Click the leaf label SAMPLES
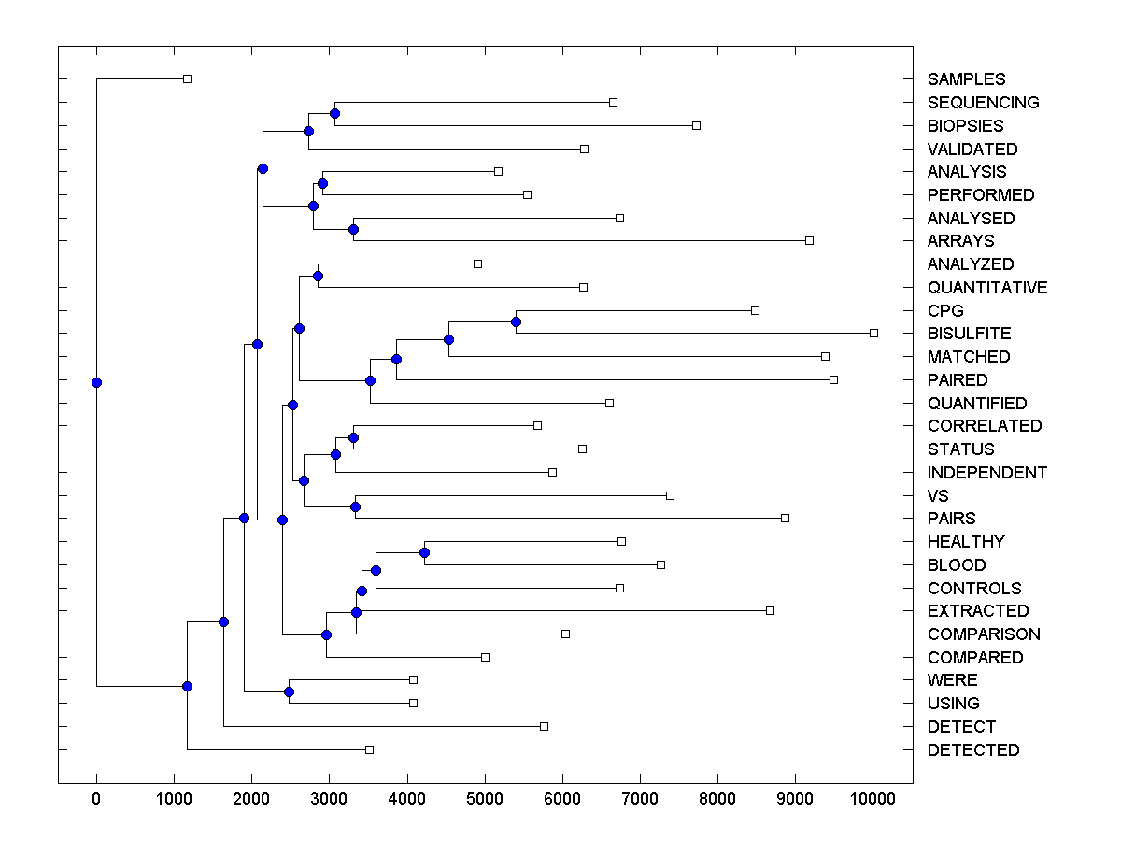[x=966, y=79]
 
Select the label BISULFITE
[x=969, y=334]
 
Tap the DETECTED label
[x=973, y=750]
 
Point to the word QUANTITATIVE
[x=987, y=288]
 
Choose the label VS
[x=938, y=496]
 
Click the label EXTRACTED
[x=978, y=611]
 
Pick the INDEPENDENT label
[x=987, y=473]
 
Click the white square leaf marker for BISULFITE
[x=873, y=333]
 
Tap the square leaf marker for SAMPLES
[x=187, y=78]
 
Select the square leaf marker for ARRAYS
[x=809, y=240]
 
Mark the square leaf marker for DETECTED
[x=369, y=749]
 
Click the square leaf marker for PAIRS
[x=785, y=518]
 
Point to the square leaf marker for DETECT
[x=544, y=726]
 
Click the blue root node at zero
[x=96, y=382]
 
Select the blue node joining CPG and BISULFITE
[x=516, y=321]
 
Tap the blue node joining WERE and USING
[x=289, y=691]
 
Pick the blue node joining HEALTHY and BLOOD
[x=424, y=552]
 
